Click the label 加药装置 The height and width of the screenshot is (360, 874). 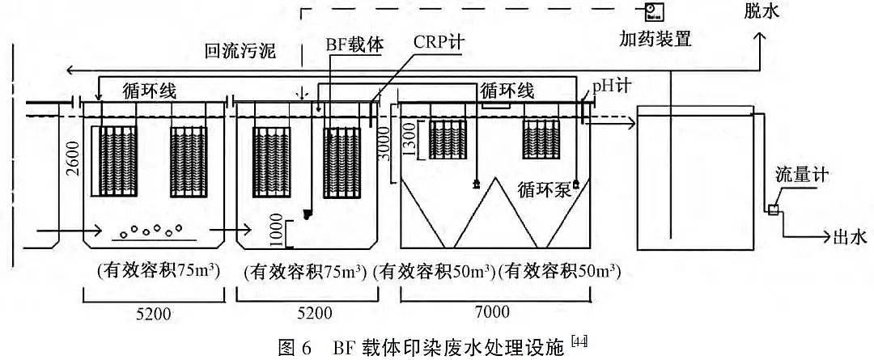pos(655,38)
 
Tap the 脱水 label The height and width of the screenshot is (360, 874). pos(763,11)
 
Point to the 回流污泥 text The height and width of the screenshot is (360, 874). pos(240,53)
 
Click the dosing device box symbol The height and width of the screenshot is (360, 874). pos(653,10)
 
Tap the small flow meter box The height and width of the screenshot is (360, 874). pos(773,210)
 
